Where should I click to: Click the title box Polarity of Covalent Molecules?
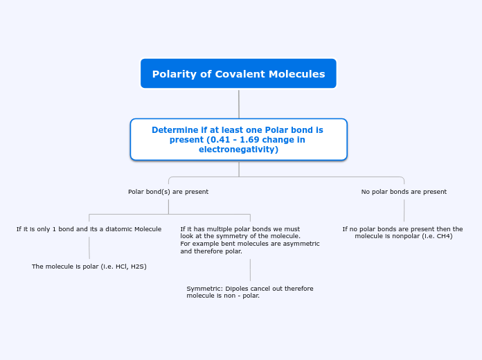[238, 74]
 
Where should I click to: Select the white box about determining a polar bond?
[238, 139]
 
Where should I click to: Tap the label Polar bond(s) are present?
[168, 192]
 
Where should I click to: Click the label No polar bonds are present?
[404, 192]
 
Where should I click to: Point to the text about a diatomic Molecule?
[89, 229]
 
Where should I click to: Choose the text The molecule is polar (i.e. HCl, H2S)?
[89, 267]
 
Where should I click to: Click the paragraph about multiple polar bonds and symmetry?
[249, 240]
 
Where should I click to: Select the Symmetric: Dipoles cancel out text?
[249, 292]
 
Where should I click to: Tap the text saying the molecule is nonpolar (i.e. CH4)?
[402, 233]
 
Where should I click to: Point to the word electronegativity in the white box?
[238, 150]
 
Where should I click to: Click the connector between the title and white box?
[239, 103]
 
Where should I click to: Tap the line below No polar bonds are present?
[404, 210]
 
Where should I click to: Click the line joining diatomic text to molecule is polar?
[89, 248]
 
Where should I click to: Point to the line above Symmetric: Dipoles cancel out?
[250, 270]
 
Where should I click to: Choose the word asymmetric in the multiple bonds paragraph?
[301, 244]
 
